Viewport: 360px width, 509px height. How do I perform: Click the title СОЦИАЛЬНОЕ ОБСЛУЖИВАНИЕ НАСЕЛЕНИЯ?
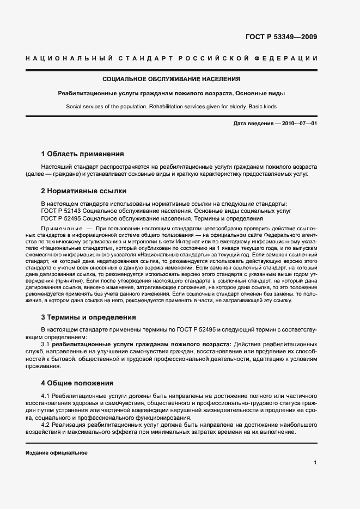click(x=179, y=79)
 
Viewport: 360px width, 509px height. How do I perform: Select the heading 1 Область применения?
click(x=82, y=154)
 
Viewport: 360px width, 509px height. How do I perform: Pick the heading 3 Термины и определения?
click(x=88, y=317)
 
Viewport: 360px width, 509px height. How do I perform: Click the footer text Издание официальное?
click(x=56, y=453)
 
